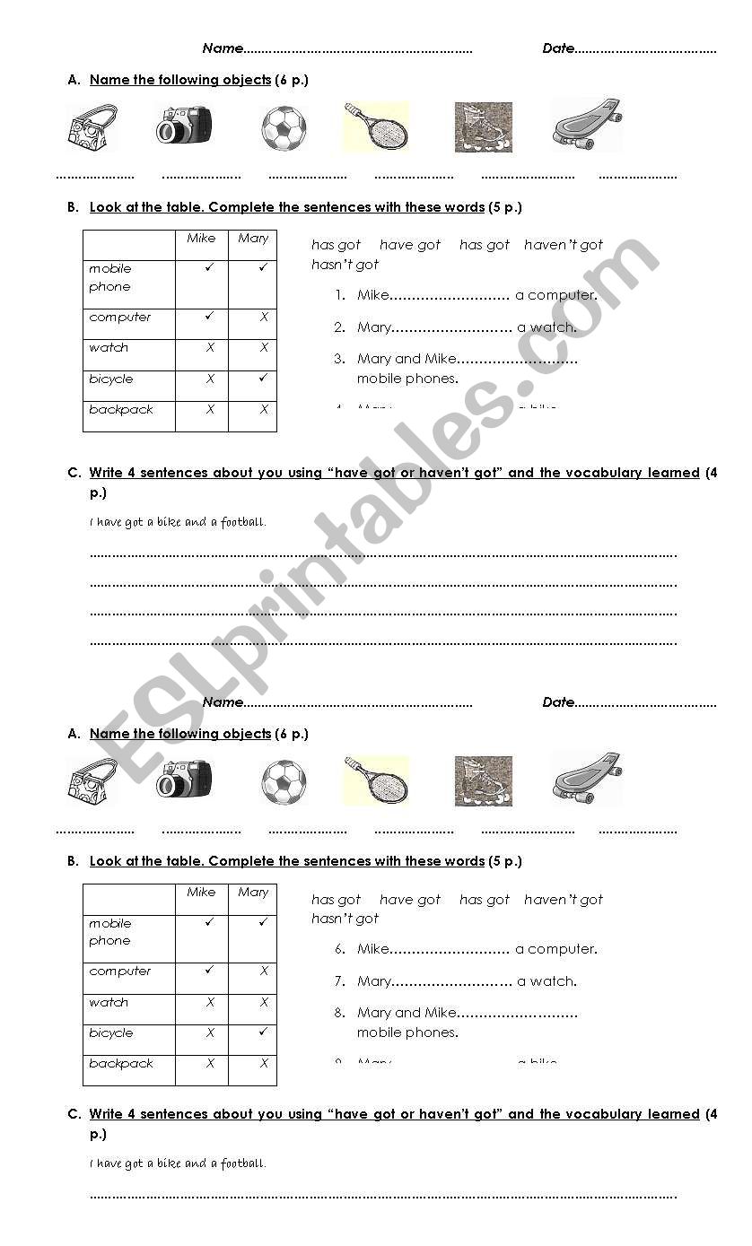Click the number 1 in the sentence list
pyautogui.click(x=339, y=295)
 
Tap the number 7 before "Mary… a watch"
pyautogui.click(x=339, y=981)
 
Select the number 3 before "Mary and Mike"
pyautogui.click(x=339, y=359)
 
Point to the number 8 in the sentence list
pyautogui.click(x=339, y=1013)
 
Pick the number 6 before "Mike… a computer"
pyautogui.click(x=339, y=949)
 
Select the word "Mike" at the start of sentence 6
pyautogui.click(x=372, y=949)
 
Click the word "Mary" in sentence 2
pyautogui.click(x=373, y=327)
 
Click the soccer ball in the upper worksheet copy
pyautogui.click(x=284, y=128)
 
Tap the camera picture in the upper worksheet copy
pyautogui.click(x=184, y=126)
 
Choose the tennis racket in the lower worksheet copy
pyautogui.click(x=376, y=780)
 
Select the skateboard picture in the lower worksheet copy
pyautogui.click(x=587, y=777)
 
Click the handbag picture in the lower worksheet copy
pyautogui.click(x=92, y=781)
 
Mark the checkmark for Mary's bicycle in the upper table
pyautogui.click(x=263, y=379)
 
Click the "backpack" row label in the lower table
pyautogui.click(x=121, y=1064)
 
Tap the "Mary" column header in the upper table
pyautogui.click(x=253, y=239)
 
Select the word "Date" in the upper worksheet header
pyautogui.click(x=558, y=48)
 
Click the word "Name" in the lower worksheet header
pyautogui.click(x=223, y=702)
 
